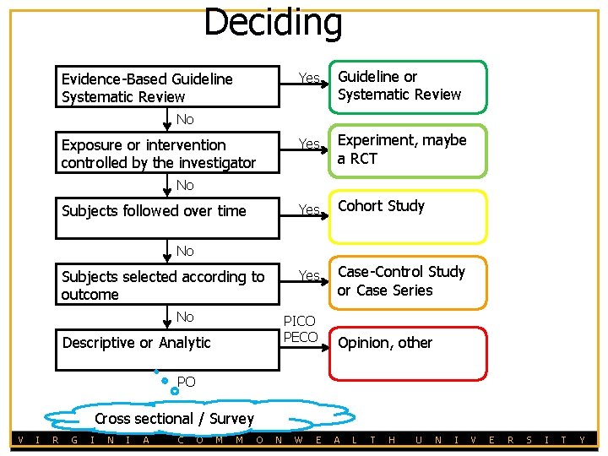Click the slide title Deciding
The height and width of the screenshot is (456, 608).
tap(273, 23)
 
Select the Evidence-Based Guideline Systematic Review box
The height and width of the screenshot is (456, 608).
tap(166, 87)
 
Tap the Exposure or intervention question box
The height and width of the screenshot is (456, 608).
tap(166, 153)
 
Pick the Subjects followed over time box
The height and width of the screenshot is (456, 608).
tap(166, 211)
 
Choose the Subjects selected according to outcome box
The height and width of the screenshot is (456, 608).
tap(166, 285)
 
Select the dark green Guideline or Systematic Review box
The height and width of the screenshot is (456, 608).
tap(407, 86)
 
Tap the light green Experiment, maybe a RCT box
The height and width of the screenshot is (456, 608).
tap(407, 151)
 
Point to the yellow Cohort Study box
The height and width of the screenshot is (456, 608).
tap(407, 216)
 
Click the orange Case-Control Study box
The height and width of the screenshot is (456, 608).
tap(407, 281)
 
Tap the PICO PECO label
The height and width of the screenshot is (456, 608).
tap(300, 329)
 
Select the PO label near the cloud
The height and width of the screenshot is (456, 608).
tap(187, 383)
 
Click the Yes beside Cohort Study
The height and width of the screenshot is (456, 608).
tap(310, 209)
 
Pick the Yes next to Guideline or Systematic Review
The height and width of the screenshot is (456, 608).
tap(310, 79)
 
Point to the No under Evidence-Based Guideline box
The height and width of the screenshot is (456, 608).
tap(185, 119)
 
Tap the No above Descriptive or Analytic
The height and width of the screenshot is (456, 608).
tap(185, 317)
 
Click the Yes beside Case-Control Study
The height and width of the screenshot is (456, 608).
tap(310, 275)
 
